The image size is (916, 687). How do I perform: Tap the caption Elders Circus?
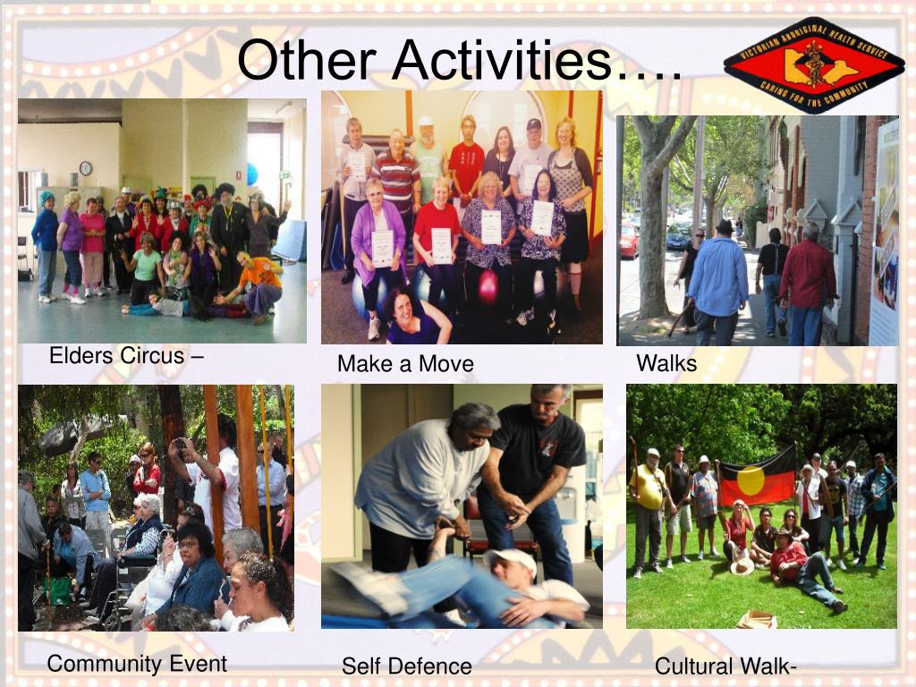coord(126,355)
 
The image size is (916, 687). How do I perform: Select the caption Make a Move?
coord(405,364)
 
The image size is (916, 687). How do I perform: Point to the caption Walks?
coord(666,363)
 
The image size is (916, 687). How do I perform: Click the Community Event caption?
coord(137,664)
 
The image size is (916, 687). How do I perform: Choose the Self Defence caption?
coord(406,666)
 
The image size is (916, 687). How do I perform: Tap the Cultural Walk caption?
coord(725,666)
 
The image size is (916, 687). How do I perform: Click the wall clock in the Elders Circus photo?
coord(85,168)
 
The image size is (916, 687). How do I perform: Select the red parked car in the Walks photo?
coord(629,240)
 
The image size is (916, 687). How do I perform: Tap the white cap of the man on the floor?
coord(510,561)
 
